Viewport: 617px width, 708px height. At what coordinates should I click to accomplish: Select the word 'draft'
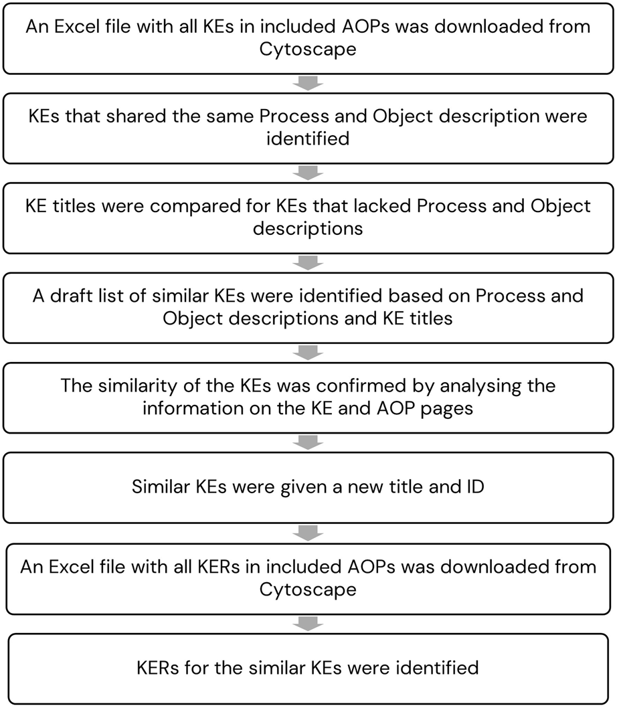point(73,295)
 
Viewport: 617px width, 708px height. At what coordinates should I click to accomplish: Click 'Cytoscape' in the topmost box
point(308,49)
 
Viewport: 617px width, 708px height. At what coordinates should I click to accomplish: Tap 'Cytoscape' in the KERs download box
point(308,590)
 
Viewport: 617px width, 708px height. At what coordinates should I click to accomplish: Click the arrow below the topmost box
point(308,84)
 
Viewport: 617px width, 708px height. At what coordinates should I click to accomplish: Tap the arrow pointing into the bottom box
point(308,624)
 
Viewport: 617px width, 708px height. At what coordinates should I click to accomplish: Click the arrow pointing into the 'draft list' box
point(308,264)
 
